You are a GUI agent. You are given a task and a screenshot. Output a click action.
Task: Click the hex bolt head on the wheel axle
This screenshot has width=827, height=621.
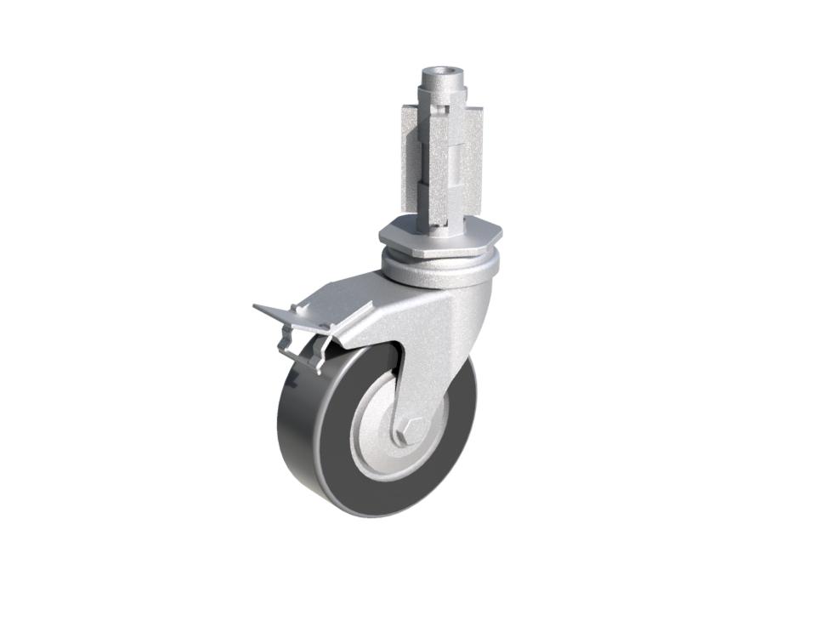(407, 430)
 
